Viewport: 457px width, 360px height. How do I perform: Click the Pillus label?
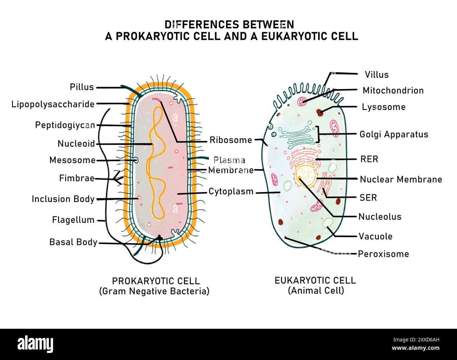[82, 87]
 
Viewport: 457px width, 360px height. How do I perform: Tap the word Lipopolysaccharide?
[53, 104]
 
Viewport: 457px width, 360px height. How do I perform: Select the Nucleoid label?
[76, 144]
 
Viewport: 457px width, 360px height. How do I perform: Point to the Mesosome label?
[72, 160]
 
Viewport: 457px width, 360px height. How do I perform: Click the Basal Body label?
[73, 242]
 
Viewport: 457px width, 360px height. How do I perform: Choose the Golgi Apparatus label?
[394, 135]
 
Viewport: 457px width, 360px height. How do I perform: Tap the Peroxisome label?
[383, 254]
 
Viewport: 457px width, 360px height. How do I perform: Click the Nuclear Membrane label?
[401, 179]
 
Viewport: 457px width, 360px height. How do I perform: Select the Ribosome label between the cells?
[231, 140]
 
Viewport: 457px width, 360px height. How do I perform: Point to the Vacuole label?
[375, 236]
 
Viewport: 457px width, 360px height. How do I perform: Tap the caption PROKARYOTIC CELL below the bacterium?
[156, 281]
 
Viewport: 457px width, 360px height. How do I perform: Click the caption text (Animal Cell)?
[316, 290]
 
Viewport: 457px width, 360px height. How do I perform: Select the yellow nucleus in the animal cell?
[306, 175]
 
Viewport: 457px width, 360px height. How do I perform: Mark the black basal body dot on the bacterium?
[159, 237]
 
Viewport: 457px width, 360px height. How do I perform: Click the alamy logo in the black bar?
[35, 344]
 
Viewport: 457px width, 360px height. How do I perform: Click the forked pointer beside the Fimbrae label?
[118, 179]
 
